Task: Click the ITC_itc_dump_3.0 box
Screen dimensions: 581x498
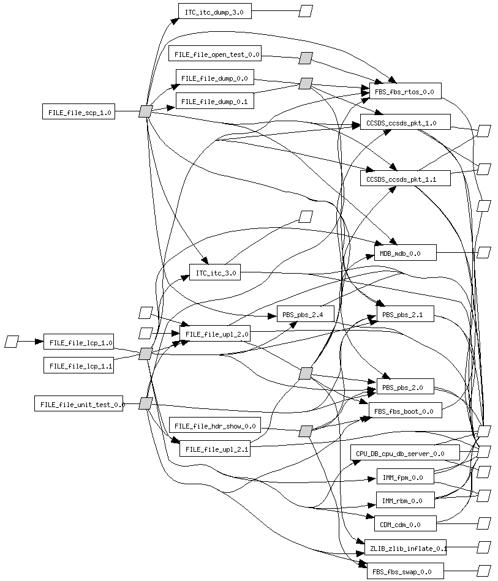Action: point(214,12)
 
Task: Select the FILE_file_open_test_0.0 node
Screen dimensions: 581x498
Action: point(215,54)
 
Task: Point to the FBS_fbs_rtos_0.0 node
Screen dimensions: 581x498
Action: point(405,92)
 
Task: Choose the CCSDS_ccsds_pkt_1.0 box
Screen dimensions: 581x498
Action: point(405,122)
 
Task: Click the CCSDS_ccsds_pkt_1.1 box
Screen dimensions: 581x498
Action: point(405,179)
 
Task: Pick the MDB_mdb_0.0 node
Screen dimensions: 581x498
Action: point(405,253)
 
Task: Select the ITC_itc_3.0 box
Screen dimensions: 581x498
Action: point(214,273)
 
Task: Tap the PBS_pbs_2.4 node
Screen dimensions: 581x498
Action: point(304,315)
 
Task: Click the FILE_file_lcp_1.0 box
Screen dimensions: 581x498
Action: point(78,343)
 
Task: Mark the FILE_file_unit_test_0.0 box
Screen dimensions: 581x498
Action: point(78,403)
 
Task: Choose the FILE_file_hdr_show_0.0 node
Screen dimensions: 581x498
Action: point(215,425)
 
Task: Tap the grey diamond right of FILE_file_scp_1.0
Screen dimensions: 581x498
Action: point(145,111)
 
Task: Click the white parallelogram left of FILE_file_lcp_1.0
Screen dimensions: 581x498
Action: point(12,342)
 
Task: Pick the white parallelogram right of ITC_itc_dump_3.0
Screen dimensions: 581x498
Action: point(306,11)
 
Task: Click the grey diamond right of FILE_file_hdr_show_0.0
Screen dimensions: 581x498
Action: point(306,431)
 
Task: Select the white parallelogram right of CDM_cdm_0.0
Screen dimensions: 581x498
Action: point(484,523)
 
